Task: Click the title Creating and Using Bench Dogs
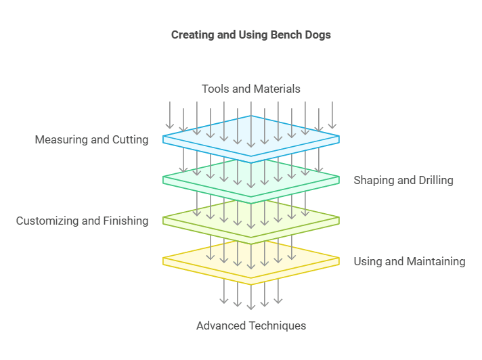[x=250, y=35]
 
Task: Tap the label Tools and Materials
[x=250, y=89]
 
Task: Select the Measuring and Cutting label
[x=91, y=140]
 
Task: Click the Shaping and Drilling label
[x=403, y=180]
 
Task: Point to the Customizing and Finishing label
[x=82, y=221]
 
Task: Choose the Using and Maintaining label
[x=410, y=261]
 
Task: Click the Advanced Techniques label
[x=250, y=325]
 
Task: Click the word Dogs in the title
[x=317, y=35]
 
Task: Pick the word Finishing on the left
[x=125, y=221]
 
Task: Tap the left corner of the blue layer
[x=164, y=139]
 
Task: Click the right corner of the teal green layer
[x=338, y=180]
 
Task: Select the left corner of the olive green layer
[x=164, y=221]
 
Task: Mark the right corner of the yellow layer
[x=338, y=261]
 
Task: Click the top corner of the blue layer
[x=251, y=116]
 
